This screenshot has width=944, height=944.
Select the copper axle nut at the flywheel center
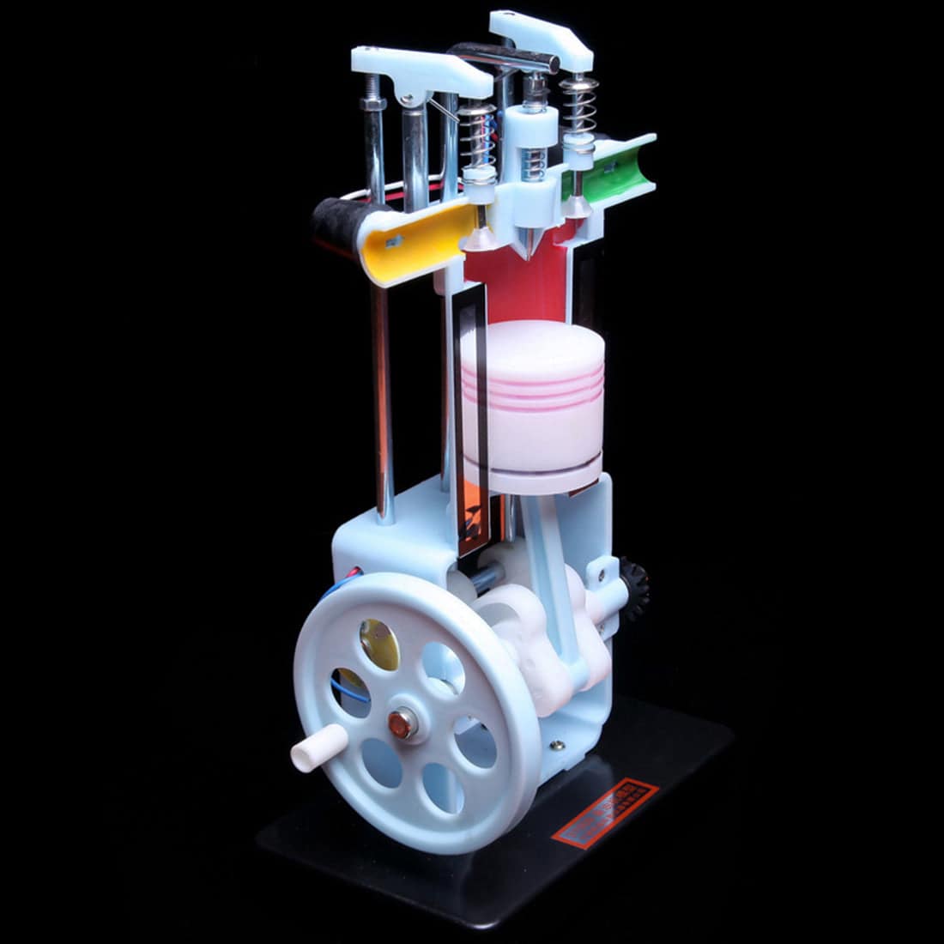pos(400,722)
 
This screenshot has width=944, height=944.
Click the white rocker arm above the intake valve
pos(421,73)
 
